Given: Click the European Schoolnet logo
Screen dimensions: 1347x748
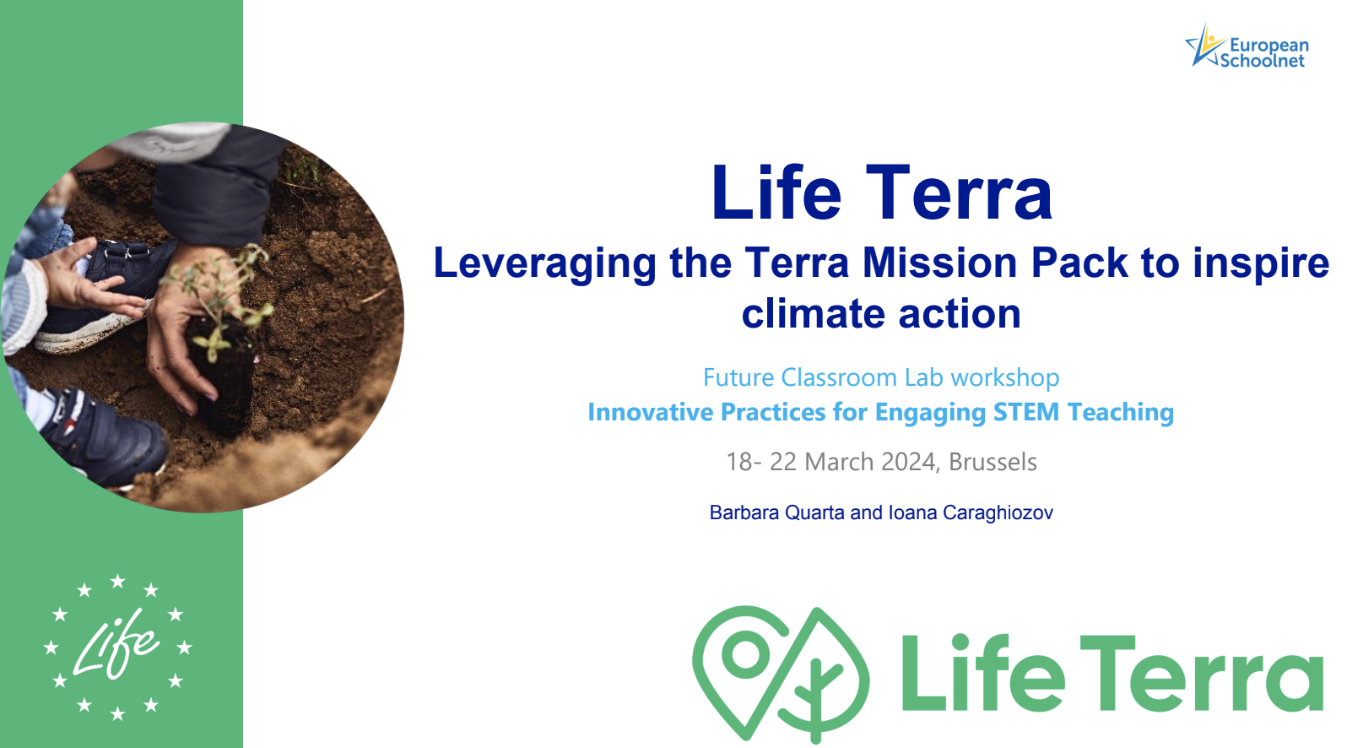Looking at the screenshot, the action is [x=1246, y=46].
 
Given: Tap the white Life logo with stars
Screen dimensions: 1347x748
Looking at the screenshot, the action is [x=118, y=647].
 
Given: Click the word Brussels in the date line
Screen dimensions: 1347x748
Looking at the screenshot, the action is [x=993, y=462].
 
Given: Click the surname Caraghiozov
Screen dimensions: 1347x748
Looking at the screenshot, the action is [x=998, y=512].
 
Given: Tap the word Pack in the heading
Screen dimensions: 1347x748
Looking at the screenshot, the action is [x=1079, y=263].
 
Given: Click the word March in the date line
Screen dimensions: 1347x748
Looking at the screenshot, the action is [x=839, y=462].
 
